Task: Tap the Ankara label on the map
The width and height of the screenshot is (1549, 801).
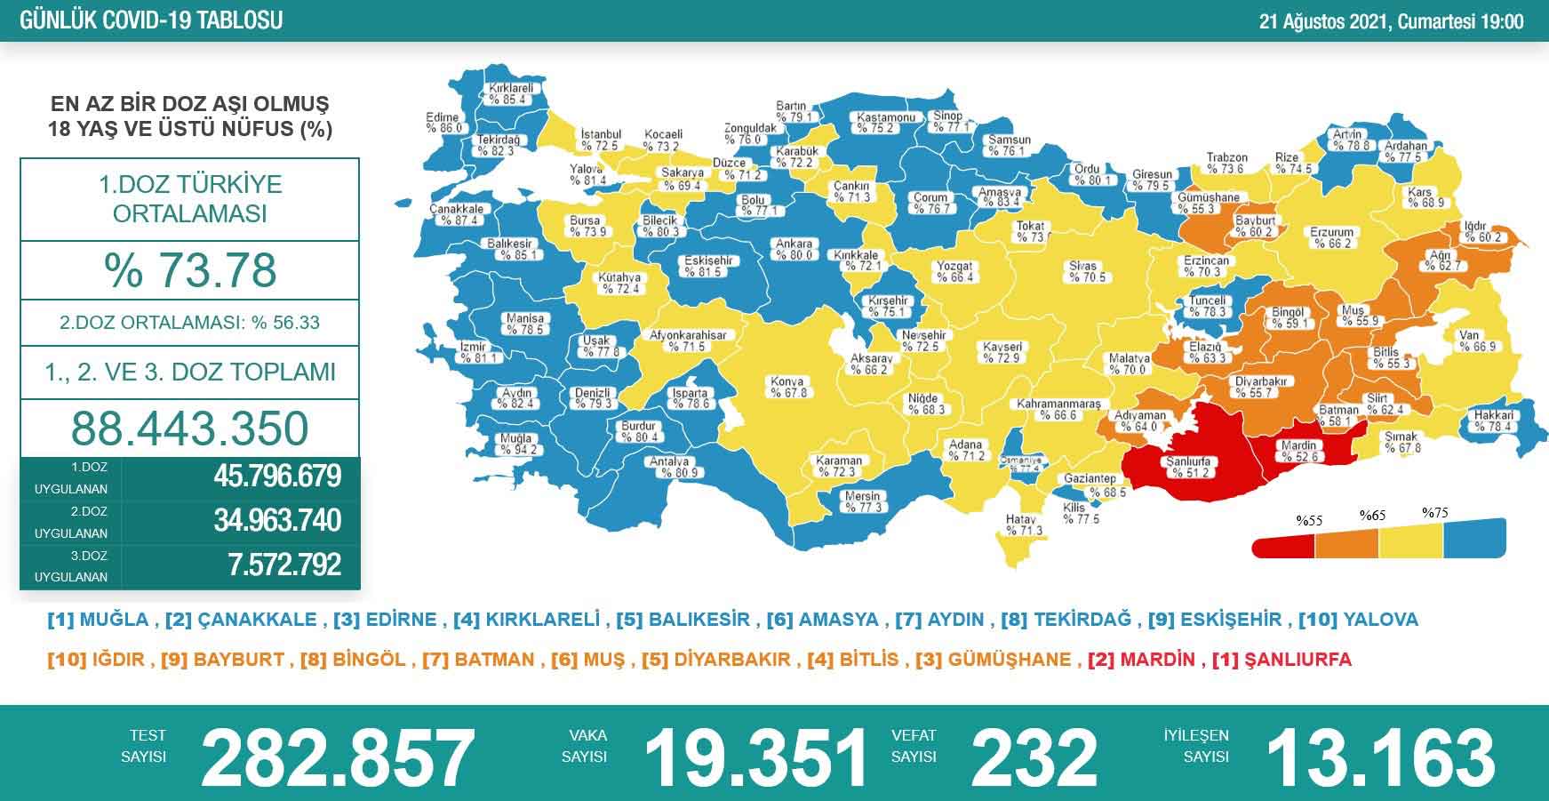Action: tap(794, 249)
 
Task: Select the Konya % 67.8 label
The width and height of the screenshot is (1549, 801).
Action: tap(788, 388)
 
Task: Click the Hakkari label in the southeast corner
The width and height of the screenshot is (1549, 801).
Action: tap(1493, 421)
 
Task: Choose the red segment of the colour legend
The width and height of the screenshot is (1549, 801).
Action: tap(1283, 544)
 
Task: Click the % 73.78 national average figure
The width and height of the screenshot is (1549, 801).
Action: tap(190, 270)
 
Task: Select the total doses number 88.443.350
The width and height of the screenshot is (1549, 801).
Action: tap(190, 428)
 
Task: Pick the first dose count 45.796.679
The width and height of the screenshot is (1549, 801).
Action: tap(276, 477)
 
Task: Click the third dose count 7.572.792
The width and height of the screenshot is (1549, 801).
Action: tap(284, 565)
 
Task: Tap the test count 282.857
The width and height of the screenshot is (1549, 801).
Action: tap(338, 757)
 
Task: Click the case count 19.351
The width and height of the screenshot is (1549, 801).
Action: tap(755, 757)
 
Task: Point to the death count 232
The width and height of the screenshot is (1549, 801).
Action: tap(1035, 757)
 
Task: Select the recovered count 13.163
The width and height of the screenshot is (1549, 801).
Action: tap(1380, 757)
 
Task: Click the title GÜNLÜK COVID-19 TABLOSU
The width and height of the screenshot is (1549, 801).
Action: tap(151, 20)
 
